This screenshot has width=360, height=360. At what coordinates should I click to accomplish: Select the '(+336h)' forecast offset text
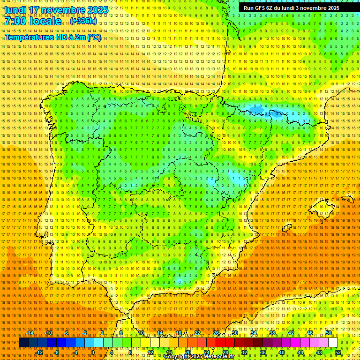tap(83, 21)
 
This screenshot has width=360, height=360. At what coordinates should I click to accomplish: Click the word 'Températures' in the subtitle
tap(29, 37)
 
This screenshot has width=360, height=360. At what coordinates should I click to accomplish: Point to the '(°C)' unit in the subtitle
tap(94, 37)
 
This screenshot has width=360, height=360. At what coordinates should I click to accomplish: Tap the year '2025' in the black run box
tap(330, 8)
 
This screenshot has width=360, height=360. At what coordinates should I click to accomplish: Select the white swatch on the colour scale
tap(333, 343)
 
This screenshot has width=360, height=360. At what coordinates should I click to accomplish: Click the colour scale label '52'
tap(338, 352)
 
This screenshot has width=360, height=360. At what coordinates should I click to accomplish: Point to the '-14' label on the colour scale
tap(30, 333)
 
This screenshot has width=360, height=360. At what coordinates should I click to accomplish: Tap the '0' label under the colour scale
tap(93, 352)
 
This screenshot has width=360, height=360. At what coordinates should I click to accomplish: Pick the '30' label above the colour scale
tap(235, 333)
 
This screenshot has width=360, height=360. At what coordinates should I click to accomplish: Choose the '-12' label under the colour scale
tap(39, 352)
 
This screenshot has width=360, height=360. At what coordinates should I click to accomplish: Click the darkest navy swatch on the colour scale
tap(23, 343)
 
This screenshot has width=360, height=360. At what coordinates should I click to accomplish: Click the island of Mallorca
tap(321, 208)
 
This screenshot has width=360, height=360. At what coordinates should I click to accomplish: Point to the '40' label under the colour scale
tap(281, 352)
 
